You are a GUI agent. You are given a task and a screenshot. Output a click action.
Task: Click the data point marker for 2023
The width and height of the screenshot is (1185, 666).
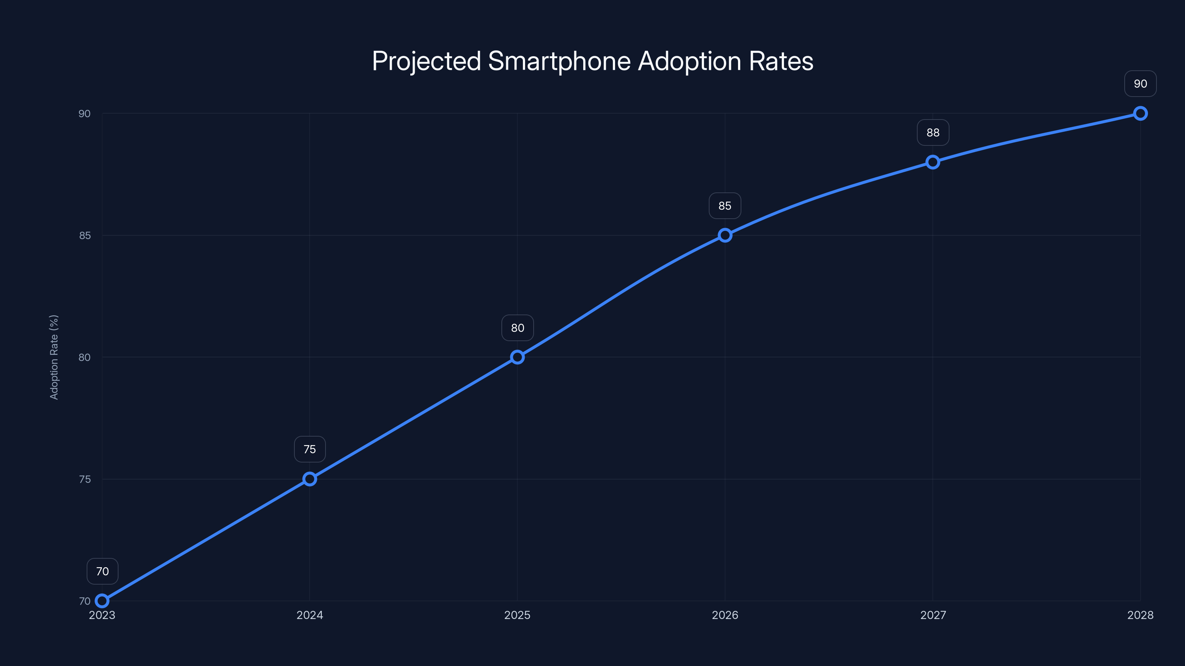(102, 601)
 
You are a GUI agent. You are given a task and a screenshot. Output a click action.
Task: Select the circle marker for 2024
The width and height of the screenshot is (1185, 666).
(310, 479)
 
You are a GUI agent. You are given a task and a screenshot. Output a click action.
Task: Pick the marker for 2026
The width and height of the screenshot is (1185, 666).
(725, 235)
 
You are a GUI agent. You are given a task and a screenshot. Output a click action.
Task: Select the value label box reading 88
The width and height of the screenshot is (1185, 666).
(933, 133)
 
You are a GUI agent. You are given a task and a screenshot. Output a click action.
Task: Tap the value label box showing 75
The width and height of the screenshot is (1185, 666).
(310, 449)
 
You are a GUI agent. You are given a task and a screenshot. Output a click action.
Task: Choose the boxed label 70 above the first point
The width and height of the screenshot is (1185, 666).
(102, 571)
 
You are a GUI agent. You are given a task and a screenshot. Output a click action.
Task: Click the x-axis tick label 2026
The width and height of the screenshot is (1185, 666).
(725, 615)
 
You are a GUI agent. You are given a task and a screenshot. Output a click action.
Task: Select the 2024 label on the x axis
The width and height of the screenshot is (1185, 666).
(310, 615)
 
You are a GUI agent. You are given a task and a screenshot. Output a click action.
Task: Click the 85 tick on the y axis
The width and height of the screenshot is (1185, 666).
(85, 235)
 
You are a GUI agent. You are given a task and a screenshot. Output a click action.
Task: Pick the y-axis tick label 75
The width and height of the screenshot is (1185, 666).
(85, 479)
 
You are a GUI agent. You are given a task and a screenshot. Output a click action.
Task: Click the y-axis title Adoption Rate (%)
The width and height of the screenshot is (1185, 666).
(54, 357)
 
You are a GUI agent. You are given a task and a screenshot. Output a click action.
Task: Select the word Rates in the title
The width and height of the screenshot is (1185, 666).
(781, 61)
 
